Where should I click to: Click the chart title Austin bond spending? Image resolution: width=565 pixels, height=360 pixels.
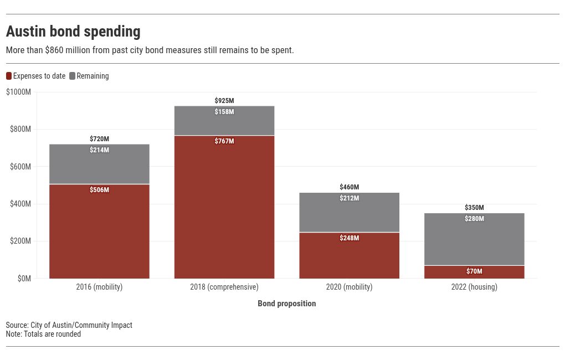73,32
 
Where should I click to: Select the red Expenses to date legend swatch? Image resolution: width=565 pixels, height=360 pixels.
9,76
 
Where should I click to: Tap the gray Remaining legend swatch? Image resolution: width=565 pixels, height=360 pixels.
72,76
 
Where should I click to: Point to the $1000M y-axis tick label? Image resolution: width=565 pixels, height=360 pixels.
18,92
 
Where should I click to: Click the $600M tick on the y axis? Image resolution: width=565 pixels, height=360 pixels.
20,167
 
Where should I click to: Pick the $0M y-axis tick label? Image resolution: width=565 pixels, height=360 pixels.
24,278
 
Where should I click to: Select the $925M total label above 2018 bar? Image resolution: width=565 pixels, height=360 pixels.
224,101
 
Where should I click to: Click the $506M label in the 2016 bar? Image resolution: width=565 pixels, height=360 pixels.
100,190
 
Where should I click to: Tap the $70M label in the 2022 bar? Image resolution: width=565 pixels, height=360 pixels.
474,271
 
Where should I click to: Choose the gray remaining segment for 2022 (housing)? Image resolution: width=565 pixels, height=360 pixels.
474,239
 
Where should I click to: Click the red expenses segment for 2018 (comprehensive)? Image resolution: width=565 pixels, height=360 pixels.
224,207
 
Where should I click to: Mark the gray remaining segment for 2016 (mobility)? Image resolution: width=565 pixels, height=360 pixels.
100,164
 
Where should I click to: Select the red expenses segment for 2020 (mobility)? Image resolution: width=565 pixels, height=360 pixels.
349,255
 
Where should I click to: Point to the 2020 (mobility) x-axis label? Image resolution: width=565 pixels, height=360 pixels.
349,287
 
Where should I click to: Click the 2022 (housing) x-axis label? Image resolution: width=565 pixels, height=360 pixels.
474,287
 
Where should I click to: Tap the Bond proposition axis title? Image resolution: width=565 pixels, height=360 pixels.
287,304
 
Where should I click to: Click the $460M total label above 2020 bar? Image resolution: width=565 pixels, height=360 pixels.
349,187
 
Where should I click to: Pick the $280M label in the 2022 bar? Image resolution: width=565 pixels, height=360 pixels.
474,219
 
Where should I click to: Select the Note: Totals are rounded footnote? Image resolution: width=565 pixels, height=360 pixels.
43,334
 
